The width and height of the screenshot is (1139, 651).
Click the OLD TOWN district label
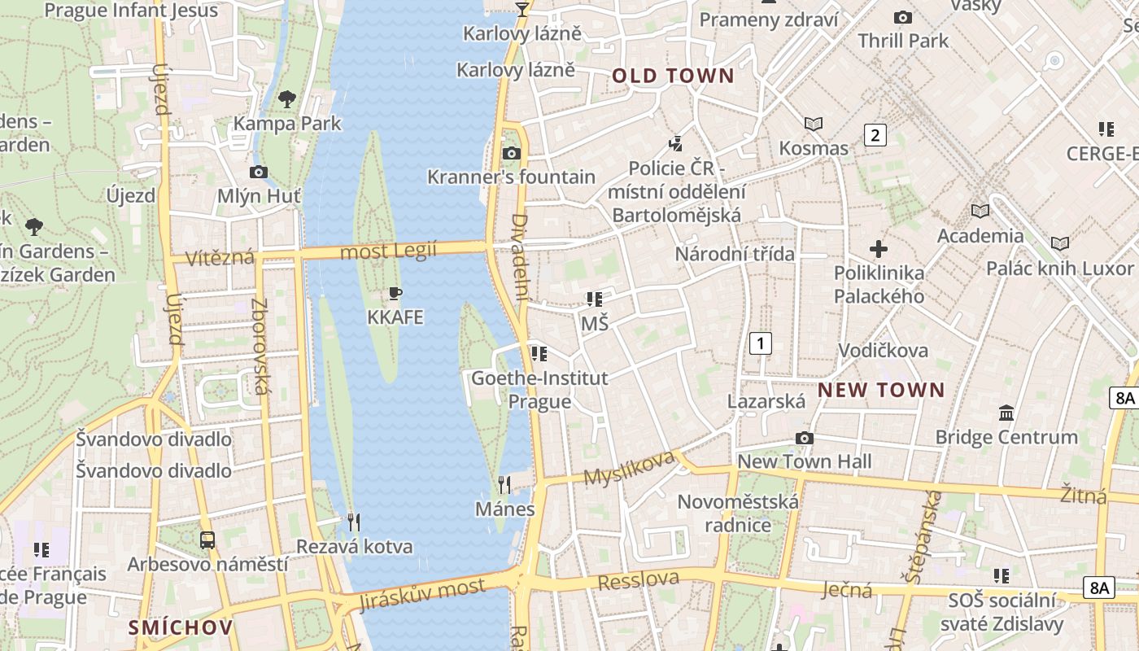673,76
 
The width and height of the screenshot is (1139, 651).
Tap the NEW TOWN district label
881,390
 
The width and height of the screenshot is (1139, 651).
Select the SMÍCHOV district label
181,627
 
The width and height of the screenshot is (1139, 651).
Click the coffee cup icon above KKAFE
395,293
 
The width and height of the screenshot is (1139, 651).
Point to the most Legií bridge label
388,251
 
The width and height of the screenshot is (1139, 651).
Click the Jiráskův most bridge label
423,594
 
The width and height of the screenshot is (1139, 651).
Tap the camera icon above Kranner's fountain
511,153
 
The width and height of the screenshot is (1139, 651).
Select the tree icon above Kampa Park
286,99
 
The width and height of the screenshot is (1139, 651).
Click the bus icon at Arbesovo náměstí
207,540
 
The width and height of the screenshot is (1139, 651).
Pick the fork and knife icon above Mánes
504,485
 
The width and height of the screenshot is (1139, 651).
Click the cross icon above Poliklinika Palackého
879,249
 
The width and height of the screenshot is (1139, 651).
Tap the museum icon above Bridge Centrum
1006,413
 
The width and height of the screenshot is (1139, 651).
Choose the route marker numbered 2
875,135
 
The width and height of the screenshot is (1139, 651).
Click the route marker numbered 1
760,343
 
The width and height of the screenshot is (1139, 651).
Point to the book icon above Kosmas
814,124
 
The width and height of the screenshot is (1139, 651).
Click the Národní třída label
735,254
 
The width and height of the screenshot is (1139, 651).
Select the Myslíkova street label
629,468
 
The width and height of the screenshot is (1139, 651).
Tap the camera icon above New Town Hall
804,439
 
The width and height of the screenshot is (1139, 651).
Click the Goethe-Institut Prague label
539,390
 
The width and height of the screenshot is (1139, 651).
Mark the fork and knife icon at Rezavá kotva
353,522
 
